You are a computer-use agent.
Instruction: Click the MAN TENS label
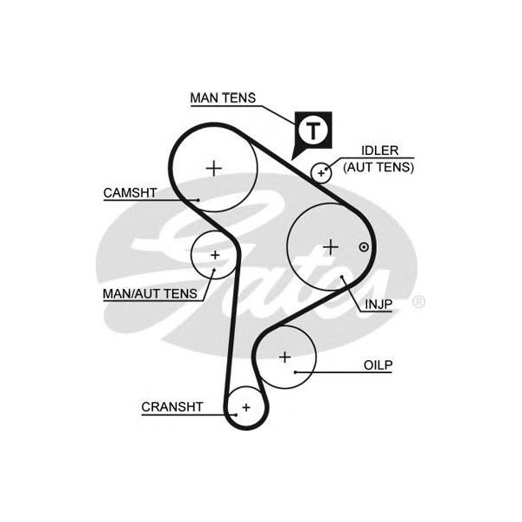pyautogui.click(x=223, y=97)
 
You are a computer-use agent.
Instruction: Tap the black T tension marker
pyautogui.click(x=311, y=130)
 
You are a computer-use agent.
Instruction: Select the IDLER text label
pyautogui.click(x=371, y=151)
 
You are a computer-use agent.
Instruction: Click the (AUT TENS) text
pyautogui.click(x=378, y=165)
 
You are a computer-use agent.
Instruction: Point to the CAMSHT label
pyautogui.click(x=130, y=193)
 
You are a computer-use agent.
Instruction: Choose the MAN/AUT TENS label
pyautogui.click(x=151, y=294)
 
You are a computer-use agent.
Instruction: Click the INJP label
pyautogui.click(x=378, y=304)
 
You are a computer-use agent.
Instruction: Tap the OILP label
pyautogui.click(x=378, y=365)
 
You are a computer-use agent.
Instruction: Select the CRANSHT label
pyautogui.click(x=171, y=406)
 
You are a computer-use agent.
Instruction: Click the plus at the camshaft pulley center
pyautogui.click(x=213, y=167)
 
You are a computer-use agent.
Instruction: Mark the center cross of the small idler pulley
pyautogui.click(x=321, y=172)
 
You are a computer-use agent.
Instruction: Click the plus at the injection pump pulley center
pyautogui.click(x=330, y=246)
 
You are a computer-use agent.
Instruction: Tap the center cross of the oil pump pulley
pyautogui.click(x=284, y=356)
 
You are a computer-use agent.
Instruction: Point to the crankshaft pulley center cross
pyautogui.click(x=245, y=407)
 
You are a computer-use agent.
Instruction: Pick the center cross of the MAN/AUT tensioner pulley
pyautogui.click(x=215, y=255)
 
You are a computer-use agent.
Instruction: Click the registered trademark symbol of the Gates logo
pyautogui.click(x=418, y=302)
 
